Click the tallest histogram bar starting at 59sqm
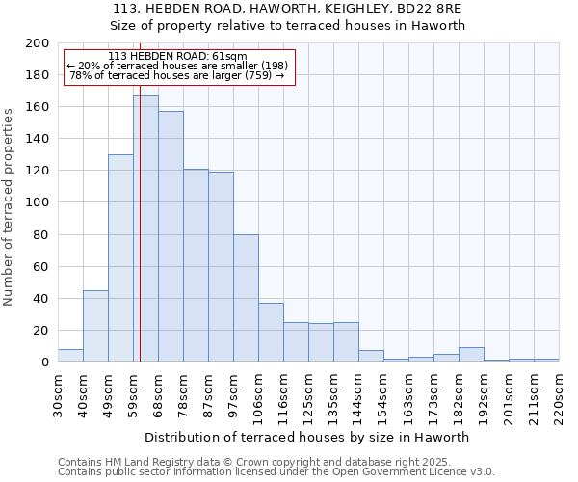pos(145,228)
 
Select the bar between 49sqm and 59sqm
pos(120,257)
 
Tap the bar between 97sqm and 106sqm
pos(246,298)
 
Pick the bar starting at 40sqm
pos(95,326)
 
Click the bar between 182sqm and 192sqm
pos(471,355)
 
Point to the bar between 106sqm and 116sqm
pos(271,333)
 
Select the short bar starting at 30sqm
pos(70,356)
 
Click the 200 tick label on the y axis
pos(38,43)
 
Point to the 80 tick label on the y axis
pos(41,234)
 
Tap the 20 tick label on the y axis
pos(41,330)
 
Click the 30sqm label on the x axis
pos(58,394)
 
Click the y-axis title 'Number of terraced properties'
pos(9,206)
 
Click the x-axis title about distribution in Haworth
pos(306,437)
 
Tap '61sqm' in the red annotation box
pos(228,57)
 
